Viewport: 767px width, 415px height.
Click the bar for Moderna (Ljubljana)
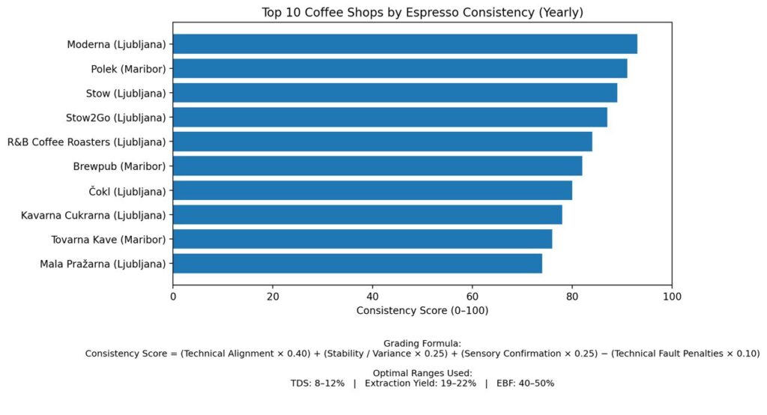pos(404,44)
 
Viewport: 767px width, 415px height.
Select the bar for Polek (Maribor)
pos(400,69)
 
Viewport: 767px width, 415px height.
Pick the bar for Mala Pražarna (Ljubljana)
pos(357,264)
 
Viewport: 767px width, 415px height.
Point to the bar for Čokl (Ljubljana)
pos(372,190)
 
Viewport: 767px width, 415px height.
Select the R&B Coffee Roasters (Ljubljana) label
pos(87,142)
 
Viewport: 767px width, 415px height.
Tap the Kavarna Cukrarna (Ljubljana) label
pos(94,215)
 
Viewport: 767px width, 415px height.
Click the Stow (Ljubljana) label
pos(126,93)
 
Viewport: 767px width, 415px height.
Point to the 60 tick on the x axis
pos(473,297)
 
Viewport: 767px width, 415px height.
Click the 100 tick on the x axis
pos(672,297)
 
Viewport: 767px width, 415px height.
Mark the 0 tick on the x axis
pos(173,297)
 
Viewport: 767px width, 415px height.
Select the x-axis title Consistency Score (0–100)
pos(422,310)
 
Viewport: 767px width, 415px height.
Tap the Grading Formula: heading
pos(422,342)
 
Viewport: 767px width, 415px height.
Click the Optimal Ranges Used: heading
pos(422,372)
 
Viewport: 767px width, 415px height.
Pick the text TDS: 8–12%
pos(318,383)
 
